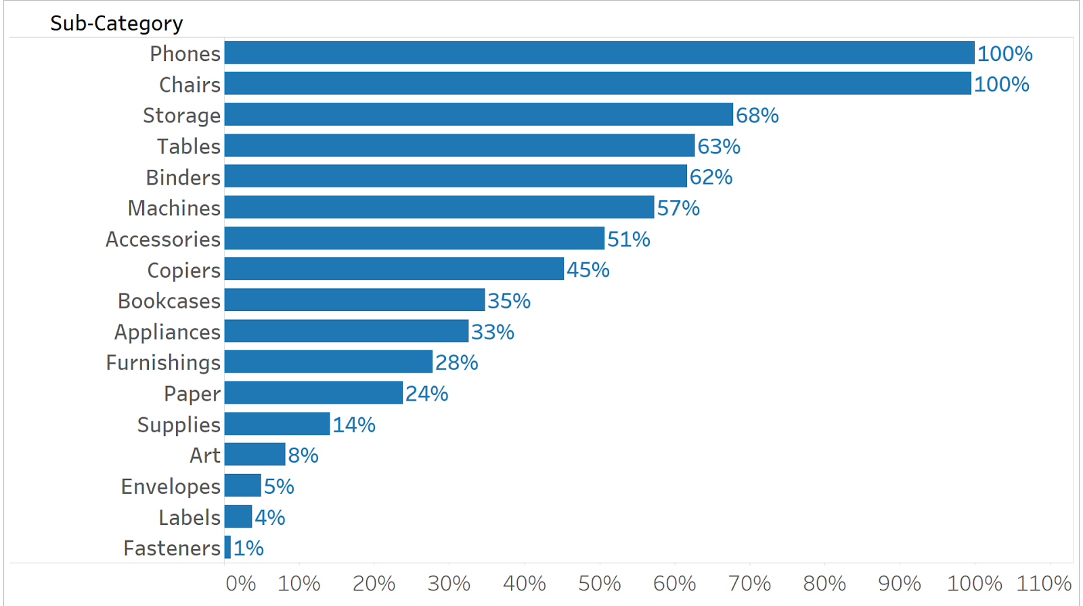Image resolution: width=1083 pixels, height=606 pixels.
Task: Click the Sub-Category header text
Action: (116, 24)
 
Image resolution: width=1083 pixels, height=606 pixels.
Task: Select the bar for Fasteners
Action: (228, 547)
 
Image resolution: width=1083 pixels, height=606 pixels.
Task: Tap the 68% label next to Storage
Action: (757, 116)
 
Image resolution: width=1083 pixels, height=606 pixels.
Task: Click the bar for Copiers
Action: (394, 269)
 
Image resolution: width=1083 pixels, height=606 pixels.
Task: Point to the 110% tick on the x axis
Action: (1044, 583)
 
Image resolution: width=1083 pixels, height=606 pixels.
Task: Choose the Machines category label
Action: (174, 208)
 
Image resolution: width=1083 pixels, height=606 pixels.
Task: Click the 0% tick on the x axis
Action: (240, 583)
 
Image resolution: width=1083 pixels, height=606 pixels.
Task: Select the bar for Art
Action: (255, 454)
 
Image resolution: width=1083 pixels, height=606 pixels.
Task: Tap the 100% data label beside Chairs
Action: (1001, 85)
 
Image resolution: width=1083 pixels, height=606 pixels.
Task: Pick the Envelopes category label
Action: (171, 486)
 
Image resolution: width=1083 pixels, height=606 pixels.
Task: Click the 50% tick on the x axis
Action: (599, 583)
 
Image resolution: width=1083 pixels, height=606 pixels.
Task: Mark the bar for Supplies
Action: (277, 424)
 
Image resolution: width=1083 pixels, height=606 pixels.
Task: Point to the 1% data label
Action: (248, 548)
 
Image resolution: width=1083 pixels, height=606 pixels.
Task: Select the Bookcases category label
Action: (169, 301)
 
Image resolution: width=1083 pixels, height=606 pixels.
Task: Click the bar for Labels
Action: (238, 517)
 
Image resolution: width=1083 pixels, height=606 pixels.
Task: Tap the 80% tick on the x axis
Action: (824, 583)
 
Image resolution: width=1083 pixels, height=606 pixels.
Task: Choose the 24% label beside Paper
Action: (426, 394)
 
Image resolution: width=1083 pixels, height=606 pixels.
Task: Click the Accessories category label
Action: (163, 239)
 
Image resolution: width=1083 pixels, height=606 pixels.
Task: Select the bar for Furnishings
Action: (328, 362)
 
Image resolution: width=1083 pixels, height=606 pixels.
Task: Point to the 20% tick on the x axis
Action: (374, 583)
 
